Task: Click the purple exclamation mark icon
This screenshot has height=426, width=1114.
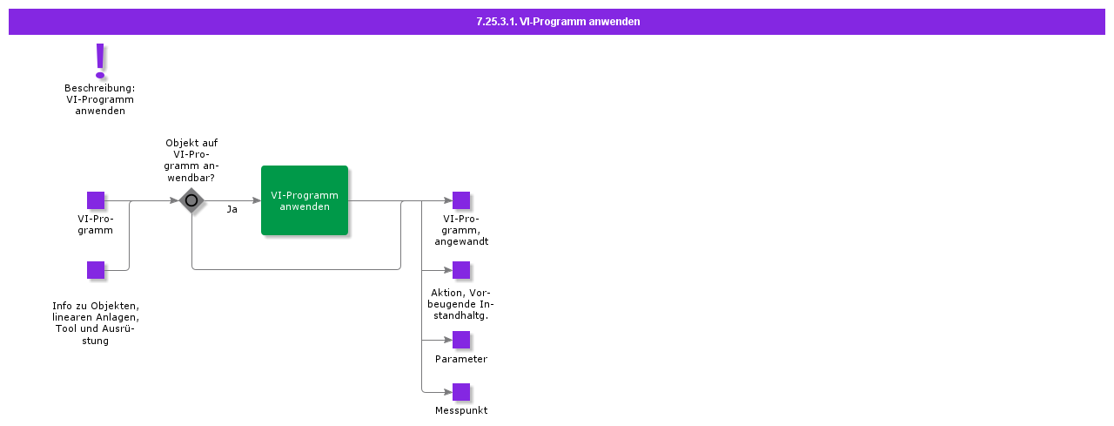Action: (100, 60)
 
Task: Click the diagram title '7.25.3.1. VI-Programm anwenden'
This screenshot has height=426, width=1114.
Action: (557, 22)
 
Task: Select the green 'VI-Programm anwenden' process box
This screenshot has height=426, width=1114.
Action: (305, 200)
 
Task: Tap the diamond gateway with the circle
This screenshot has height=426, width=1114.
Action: (191, 200)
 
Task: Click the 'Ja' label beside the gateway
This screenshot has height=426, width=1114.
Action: (232, 210)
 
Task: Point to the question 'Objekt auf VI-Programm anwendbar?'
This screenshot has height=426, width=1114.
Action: (191, 159)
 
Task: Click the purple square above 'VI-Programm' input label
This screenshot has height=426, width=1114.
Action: (96, 200)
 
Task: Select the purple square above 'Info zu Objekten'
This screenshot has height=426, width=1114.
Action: (96, 270)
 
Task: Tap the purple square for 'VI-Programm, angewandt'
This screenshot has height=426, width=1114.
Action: (461, 200)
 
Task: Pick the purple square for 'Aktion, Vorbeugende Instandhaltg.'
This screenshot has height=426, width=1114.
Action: (461, 270)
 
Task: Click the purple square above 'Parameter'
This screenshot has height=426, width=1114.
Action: (461, 340)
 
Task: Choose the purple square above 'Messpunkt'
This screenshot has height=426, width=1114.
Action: (461, 392)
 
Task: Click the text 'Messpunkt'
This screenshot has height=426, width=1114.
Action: (461, 410)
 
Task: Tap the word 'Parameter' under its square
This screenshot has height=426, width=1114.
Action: (461, 359)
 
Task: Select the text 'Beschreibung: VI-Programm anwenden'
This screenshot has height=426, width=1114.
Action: (99, 99)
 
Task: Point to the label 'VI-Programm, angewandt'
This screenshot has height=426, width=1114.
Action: (461, 230)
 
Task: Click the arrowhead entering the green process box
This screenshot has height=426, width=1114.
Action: (256, 200)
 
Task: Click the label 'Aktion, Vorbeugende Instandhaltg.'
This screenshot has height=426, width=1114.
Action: (461, 303)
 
